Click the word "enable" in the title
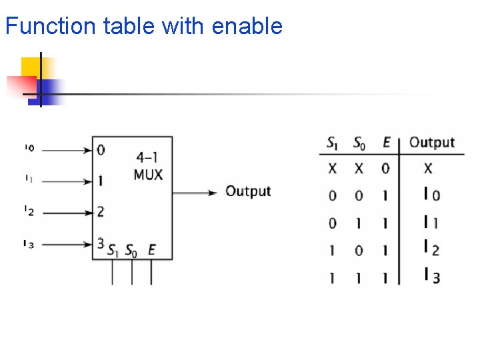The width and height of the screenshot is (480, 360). pos(247,27)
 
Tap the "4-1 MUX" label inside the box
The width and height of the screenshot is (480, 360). pos(148,166)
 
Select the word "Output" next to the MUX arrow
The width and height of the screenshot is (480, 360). pos(248,191)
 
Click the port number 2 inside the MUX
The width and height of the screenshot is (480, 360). pos(101,212)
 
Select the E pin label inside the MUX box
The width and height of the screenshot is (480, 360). pos(151,251)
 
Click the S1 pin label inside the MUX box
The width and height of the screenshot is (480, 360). pos(115,251)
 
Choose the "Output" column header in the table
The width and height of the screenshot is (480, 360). pos(431,142)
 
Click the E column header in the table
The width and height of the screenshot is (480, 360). pos(386,142)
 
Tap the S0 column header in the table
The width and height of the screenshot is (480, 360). pos(359,143)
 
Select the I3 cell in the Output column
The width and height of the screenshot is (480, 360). pos(431,275)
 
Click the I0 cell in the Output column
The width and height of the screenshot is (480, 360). pos(431,195)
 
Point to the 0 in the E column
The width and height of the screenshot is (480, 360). pos(385,169)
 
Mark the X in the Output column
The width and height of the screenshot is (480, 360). pos(428,169)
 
